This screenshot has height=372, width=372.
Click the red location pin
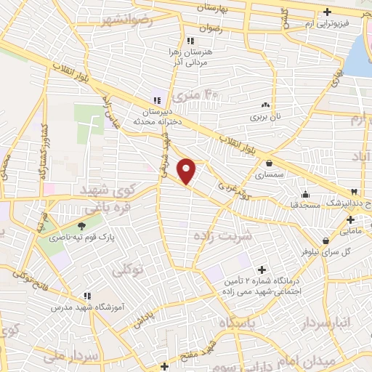[187, 170]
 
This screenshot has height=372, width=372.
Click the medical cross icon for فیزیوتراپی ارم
[328, 12]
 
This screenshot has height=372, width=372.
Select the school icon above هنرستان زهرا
[190, 41]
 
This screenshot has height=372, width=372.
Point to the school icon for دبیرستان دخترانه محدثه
[156, 100]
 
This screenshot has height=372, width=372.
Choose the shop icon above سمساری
[270, 163]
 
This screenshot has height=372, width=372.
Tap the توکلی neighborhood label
[130, 270]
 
